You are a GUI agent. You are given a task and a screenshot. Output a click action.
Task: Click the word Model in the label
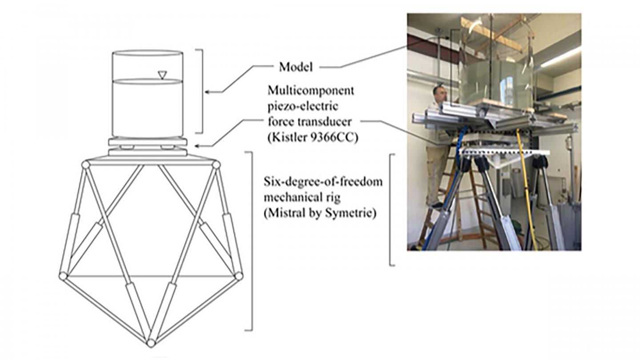point(296,67)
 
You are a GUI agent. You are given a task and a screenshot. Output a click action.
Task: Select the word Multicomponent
point(311,91)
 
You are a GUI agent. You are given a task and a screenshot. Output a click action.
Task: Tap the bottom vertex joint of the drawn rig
point(151,343)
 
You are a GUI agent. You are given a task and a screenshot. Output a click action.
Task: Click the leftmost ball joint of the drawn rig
point(63,276)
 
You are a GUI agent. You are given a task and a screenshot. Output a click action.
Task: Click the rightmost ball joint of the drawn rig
point(239,276)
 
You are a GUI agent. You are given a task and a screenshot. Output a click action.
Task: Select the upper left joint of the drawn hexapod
point(86,165)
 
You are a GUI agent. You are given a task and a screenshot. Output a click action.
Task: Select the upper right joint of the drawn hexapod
point(216,165)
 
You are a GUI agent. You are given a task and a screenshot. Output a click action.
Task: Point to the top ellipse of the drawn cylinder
point(147,53)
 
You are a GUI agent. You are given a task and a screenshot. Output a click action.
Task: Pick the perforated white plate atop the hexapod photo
point(504,152)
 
